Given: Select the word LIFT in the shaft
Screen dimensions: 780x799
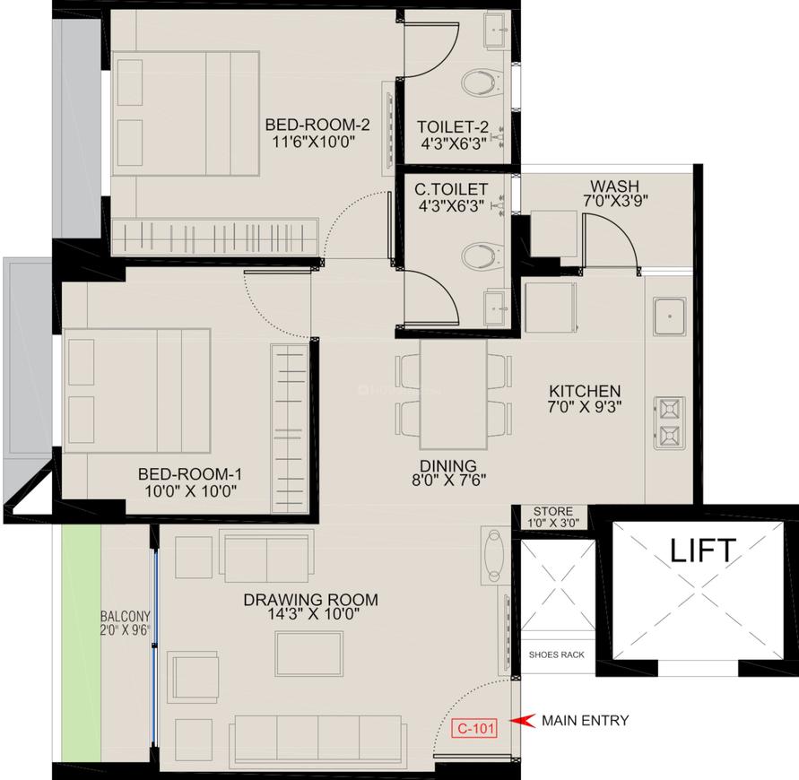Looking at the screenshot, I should [x=703, y=550].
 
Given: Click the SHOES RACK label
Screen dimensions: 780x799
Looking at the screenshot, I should [x=556, y=654].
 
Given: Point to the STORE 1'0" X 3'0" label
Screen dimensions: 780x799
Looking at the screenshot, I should [x=551, y=517].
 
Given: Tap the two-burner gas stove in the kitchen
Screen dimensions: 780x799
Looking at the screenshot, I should [x=669, y=422].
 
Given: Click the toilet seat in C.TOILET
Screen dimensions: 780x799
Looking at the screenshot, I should [x=480, y=257].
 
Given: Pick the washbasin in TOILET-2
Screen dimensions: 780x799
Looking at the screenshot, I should [x=494, y=30].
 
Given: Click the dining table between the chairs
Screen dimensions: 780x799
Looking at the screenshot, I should [x=454, y=394].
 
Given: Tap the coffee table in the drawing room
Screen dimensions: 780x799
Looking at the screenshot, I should [x=308, y=653].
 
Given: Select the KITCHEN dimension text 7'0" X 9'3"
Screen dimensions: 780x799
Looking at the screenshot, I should [x=585, y=406].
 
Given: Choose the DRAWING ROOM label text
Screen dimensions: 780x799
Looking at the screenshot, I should [x=310, y=600].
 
